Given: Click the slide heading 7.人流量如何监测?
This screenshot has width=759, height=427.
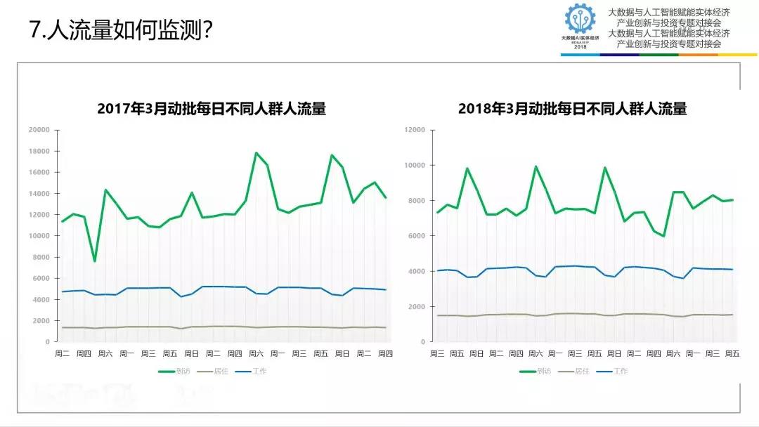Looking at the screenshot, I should tap(121, 32).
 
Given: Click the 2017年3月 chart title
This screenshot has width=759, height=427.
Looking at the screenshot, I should tap(212, 109).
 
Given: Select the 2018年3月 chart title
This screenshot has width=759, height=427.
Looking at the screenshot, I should tap(572, 109).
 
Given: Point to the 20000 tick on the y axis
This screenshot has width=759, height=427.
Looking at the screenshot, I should tap(39, 130).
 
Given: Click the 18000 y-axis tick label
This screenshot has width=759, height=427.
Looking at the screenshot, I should tap(39, 151).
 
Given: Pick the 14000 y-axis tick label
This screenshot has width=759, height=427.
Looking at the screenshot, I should tap(39, 194).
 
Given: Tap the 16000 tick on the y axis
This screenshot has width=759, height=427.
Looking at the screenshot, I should tap(39, 173).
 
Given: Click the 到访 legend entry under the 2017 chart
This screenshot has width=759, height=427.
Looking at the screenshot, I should tap(176, 371).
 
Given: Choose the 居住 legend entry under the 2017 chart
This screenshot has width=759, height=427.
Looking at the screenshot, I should tap(218, 371).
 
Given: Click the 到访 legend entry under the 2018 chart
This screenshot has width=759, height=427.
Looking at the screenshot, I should tap(538, 371).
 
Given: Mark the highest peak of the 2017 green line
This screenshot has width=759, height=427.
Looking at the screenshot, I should tap(256, 152).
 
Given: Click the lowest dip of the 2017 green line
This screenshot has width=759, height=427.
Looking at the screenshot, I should tap(95, 261).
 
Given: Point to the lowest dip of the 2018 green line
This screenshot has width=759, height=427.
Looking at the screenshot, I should tap(663, 236).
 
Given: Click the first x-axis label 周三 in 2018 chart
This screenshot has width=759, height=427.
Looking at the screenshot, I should tap(437, 353).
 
